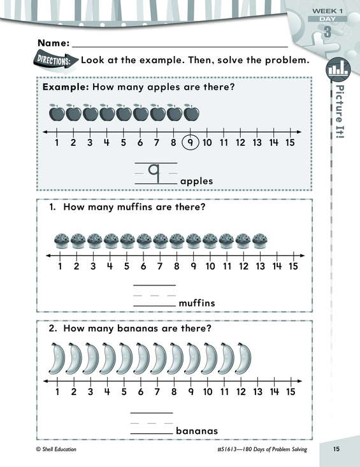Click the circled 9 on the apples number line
point(191,143)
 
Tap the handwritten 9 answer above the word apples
point(155,173)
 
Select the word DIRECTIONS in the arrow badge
point(54,61)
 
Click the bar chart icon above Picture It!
point(338,69)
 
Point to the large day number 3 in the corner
point(328,32)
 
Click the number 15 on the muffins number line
point(293,266)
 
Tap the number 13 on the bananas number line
point(257,391)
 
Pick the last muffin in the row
point(260,241)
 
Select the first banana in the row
point(57,358)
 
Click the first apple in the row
point(57,112)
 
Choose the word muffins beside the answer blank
point(197,303)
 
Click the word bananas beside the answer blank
point(197,431)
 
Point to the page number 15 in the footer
point(336,449)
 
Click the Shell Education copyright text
point(56,449)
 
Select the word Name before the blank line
point(54,43)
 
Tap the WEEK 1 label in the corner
point(328,11)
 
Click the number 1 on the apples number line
point(57,143)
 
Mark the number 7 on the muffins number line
point(160,266)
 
